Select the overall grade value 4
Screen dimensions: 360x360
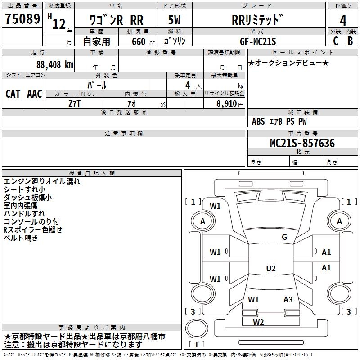point(343,21)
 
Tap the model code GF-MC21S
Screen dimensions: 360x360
point(258,41)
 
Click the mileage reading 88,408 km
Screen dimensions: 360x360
point(54,64)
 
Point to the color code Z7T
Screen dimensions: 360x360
point(75,103)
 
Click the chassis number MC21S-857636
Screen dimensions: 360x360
point(302,143)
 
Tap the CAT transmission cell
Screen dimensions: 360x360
point(13,94)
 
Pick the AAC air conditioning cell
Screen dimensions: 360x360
point(35,94)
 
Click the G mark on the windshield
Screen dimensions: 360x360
point(284,237)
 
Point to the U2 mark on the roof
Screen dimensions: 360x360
point(270,269)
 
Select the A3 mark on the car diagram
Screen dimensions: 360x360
point(288,299)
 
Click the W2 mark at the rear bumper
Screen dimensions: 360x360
point(258,322)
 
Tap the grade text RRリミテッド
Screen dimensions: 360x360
point(257,20)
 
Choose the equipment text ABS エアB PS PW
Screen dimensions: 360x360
point(280,121)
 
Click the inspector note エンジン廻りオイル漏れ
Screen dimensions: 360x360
point(42,181)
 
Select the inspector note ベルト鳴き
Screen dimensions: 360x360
point(22,238)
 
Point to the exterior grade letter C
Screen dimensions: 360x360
point(335,41)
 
